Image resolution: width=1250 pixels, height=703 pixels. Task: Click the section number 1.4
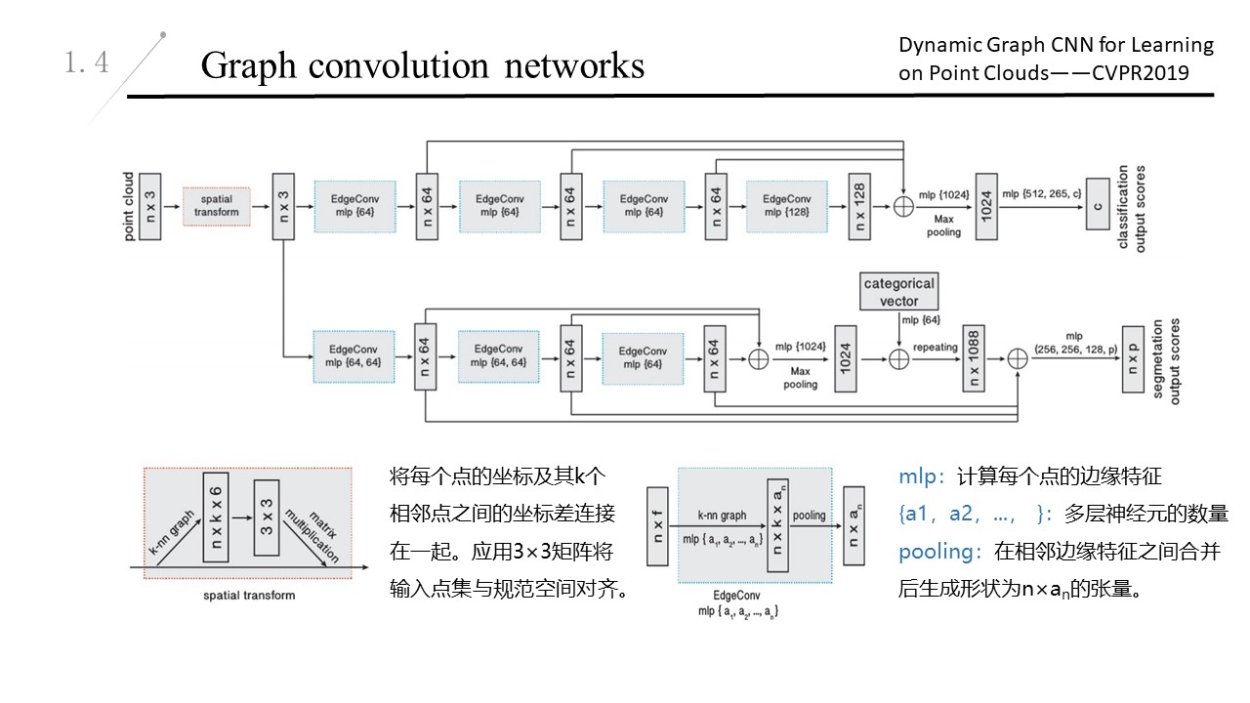click(x=87, y=63)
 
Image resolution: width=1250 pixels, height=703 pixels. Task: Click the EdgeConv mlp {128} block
click(x=786, y=206)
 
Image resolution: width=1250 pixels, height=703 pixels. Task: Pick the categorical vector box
click(x=898, y=292)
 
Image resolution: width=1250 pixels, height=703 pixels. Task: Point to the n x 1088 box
click(x=973, y=358)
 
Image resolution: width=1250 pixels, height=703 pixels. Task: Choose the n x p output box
click(x=1133, y=358)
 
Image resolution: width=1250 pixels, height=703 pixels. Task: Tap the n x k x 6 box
click(x=217, y=517)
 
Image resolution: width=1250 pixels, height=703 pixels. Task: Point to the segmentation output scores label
click(x=1167, y=360)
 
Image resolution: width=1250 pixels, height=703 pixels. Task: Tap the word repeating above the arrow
click(x=936, y=346)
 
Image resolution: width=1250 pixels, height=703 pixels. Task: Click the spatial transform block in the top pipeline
click(x=216, y=206)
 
